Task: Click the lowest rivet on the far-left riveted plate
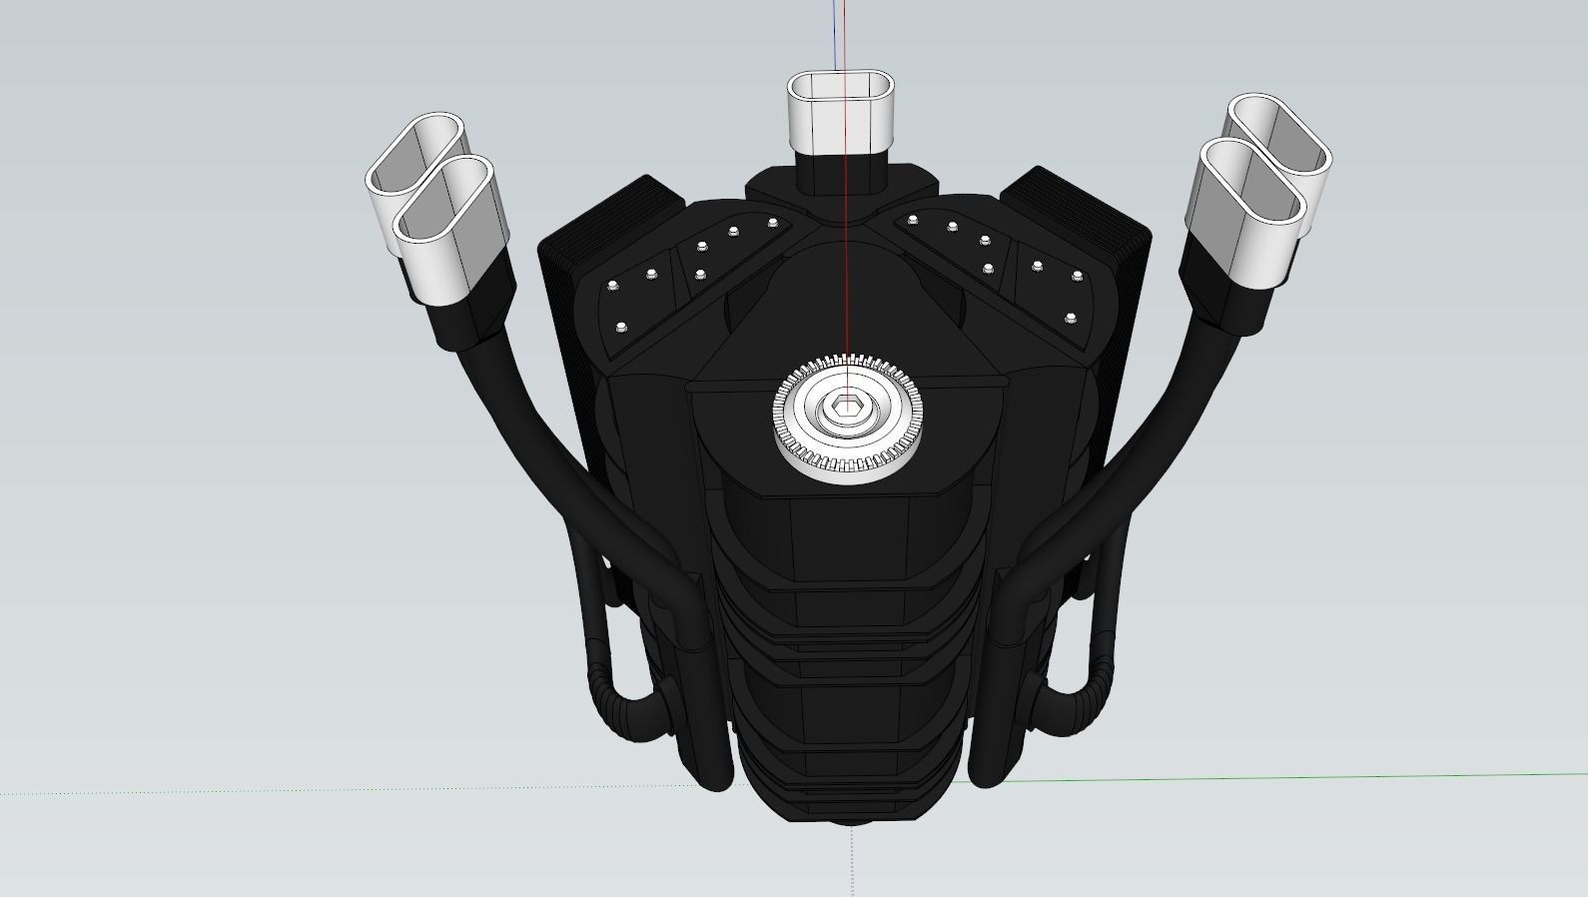(x=621, y=328)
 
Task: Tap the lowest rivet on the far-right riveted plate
(x=1071, y=319)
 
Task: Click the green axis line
(x=1298, y=776)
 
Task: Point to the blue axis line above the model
(x=836, y=30)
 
